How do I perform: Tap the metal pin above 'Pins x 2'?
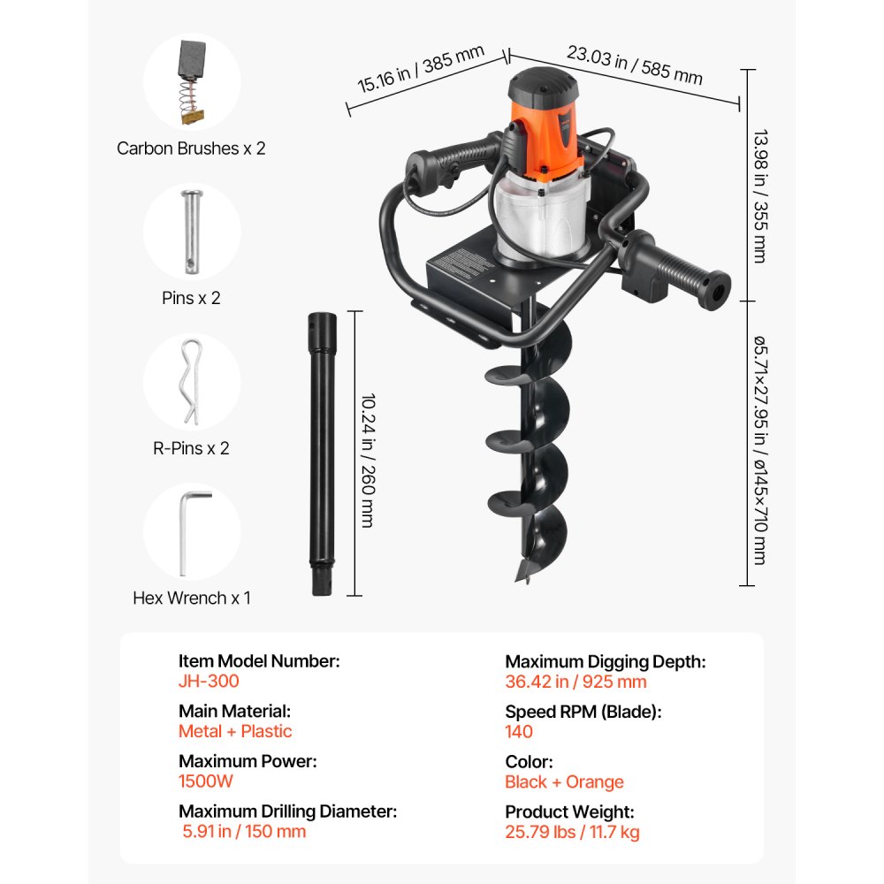click(191, 232)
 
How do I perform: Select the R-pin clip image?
click(191, 382)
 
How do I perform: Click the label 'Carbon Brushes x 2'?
click(191, 148)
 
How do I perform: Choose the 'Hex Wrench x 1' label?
click(192, 598)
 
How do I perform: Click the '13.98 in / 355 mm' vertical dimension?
click(758, 197)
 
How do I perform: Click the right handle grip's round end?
click(717, 289)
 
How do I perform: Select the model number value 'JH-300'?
click(209, 682)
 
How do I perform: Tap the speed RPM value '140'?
click(519, 731)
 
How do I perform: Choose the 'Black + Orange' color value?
click(564, 782)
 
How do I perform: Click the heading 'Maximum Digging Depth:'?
click(605, 661)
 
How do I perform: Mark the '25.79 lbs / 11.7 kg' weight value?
click(572, 832)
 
